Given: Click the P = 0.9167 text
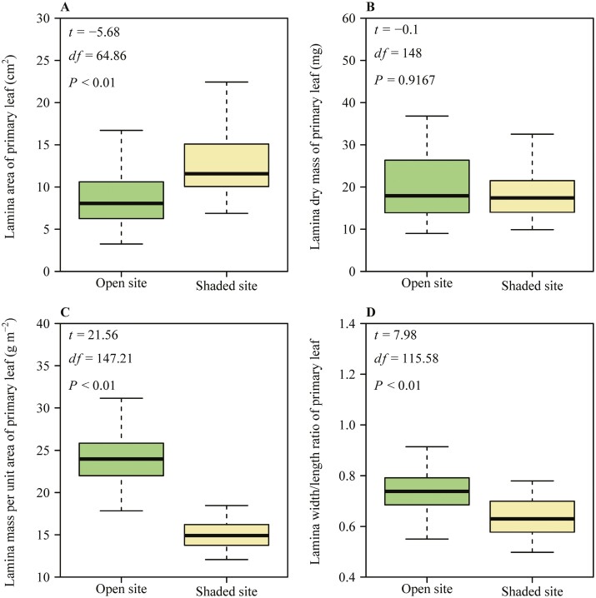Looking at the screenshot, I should coord(407,81).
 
